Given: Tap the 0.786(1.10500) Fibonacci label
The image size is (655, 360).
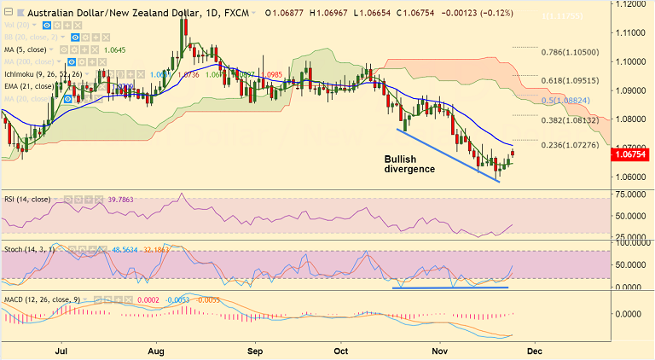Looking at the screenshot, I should (577, 52).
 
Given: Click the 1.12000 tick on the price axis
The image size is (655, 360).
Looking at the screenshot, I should (633, 4).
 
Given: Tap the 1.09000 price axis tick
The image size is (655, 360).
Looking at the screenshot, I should (633, 90).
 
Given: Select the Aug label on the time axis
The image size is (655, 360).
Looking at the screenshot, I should (155, 351).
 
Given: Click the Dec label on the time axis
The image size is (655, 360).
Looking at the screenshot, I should (534, 351).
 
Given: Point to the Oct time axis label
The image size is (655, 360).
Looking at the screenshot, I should (343, 351).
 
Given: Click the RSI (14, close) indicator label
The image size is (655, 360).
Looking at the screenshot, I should (26, 200).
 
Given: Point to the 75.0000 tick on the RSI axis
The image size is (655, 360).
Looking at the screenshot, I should (633, 195).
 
